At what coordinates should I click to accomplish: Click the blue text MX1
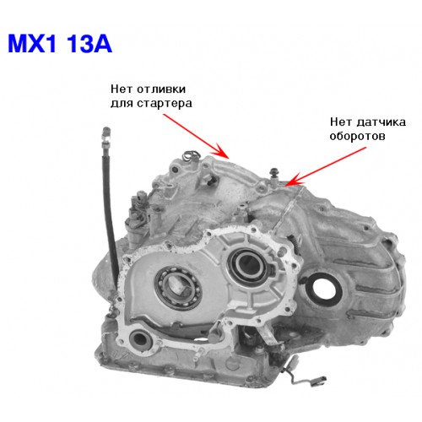point(32,44)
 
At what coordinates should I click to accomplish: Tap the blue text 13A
point(89,44)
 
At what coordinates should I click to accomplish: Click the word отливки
point(161,89)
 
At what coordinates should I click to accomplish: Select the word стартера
point(165,104)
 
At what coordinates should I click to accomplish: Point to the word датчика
point(381,122)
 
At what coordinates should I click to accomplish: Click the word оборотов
point(357,137)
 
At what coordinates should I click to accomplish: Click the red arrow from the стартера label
point(197,137)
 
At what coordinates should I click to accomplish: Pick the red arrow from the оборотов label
point(326,166)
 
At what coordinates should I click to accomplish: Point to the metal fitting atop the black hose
point(106,137)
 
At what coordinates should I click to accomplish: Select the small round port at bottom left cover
point(139,339)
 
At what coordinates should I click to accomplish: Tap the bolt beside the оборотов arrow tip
point(273,176)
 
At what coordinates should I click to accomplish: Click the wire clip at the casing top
point(192,155)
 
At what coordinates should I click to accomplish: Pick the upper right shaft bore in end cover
point(247,265)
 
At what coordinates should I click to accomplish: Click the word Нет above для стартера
point(122,89)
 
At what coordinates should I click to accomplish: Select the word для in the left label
point(122,104)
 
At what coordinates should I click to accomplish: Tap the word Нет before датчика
point(340,122)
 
